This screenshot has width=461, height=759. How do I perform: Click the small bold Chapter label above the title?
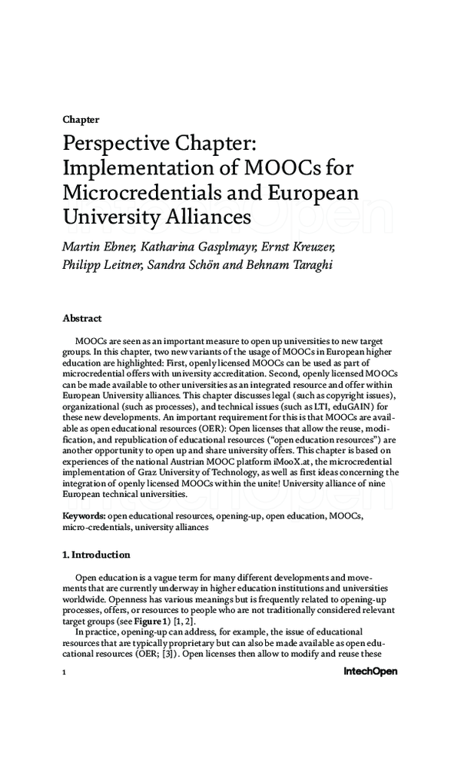pos(80,120)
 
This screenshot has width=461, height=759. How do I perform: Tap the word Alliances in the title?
pos(208,217)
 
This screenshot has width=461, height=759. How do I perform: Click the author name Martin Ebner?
pos(93,247)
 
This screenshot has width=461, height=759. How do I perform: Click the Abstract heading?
pos(81,318)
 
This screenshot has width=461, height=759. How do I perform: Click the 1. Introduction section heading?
pos(96,555)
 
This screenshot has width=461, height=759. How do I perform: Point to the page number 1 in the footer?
pos(64,671)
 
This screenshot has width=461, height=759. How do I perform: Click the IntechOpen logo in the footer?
pos(370,671)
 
